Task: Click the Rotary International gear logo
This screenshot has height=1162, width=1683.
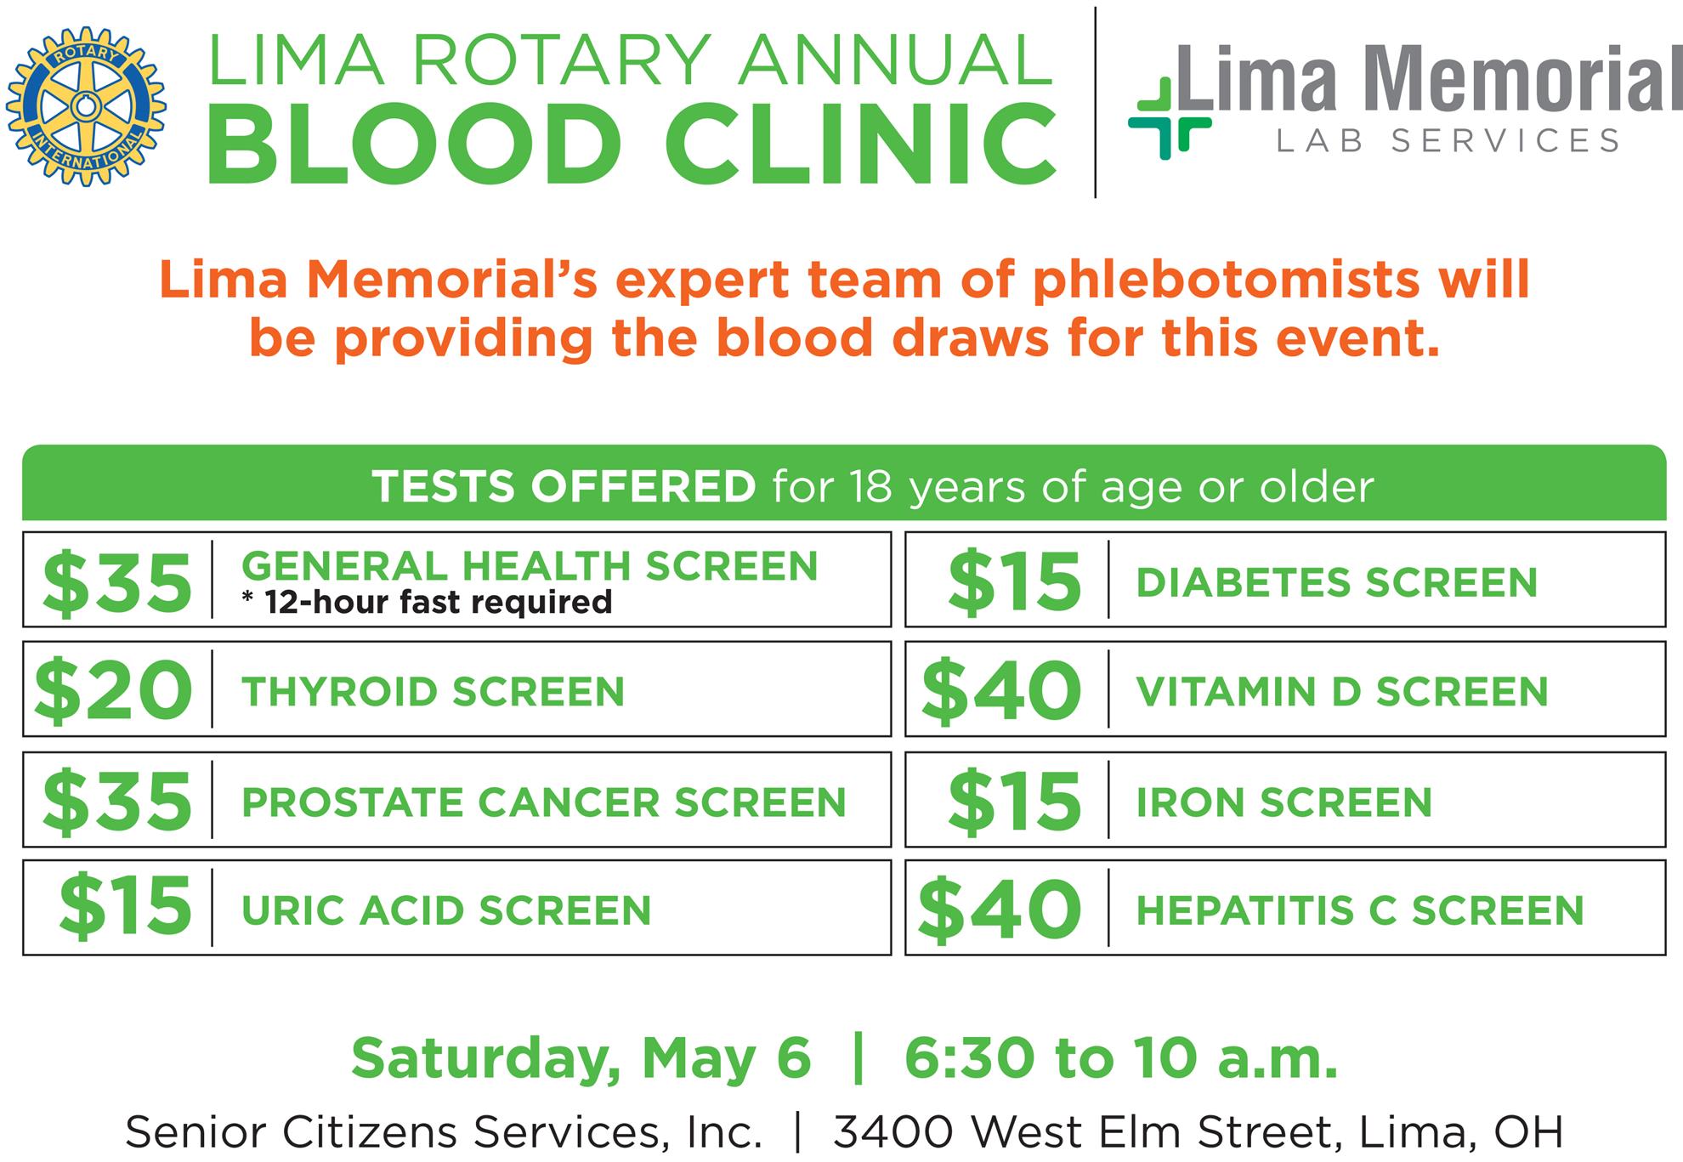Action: click(x=85, y=106)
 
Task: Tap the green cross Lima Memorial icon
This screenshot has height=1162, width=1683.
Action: click(x=1170, y=119)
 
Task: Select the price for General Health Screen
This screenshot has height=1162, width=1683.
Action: click(x=116, y=582)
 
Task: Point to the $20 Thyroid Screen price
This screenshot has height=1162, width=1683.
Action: click(x=112, y=690)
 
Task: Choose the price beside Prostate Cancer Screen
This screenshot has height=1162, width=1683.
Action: click(x=116, y=801)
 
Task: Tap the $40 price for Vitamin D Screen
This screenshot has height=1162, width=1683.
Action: click(x=1000, y=690)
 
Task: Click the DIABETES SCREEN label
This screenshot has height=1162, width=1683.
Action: click(x=1337, y=583)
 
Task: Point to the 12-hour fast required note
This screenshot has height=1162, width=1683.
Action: click(x=427, y=602)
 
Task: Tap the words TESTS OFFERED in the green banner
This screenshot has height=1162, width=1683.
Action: click(x=564, y=487)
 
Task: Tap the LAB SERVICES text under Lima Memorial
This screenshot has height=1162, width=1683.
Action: click(x=1448, y=140)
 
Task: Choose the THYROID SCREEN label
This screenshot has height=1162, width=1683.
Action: click(x=433, y=692)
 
